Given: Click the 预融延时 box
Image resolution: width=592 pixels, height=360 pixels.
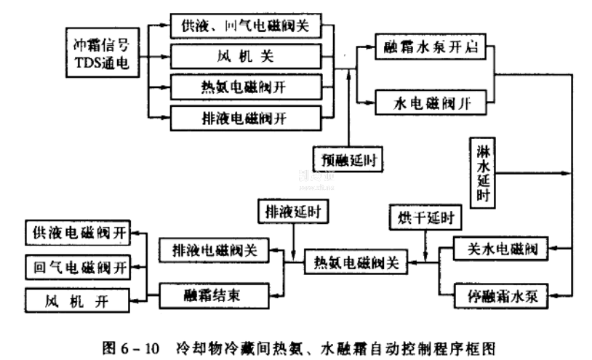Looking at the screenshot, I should [348, 156].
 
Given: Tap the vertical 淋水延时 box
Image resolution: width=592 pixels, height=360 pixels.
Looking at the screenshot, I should [482, 173].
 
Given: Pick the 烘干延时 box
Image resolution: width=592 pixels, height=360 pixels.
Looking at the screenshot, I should [415, 217].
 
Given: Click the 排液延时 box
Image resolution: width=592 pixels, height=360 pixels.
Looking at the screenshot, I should [293, 213].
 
